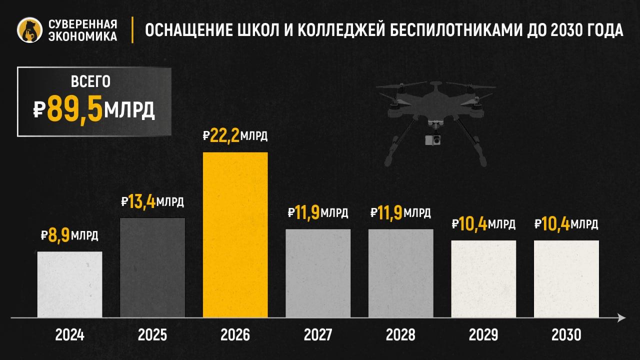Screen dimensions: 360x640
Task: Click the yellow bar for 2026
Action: click(x=235, y=234)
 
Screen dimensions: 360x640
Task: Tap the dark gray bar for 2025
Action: click(x=152, y=267)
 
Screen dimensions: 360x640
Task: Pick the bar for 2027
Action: click(x=318, y=273)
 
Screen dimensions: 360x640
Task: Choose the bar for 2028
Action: click(x=400, y=273)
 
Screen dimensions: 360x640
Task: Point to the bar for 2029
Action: click(x=483, y=278)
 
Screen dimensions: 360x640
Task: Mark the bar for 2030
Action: click(x=566, y=278)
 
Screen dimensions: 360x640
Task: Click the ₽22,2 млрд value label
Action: click(x=235, y=136)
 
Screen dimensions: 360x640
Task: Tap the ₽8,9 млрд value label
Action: click(x=69, y=235)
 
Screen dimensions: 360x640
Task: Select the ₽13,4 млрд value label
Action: click(x=152, y=202)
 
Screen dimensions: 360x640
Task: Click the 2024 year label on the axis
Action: click(x=70, y=334)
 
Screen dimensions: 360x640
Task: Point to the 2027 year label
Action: click(x=318, y=334)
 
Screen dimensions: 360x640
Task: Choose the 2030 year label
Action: click(x=566, y=334)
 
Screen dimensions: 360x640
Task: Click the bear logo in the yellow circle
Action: click(x=29, y=30)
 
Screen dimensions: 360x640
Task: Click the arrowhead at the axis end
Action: click(x=621, y=317)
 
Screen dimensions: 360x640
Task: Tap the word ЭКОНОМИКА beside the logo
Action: click(x=83, y=36)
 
